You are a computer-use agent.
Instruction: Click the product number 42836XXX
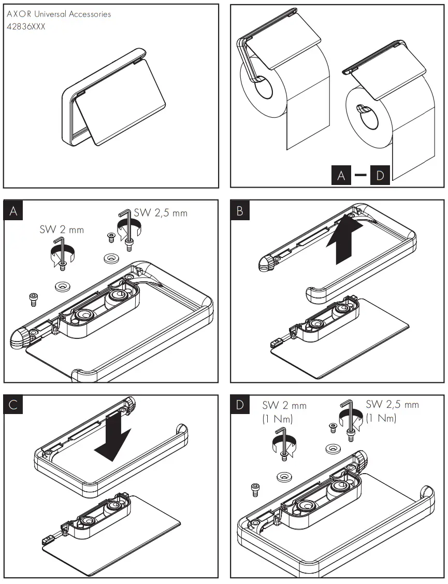[x=26, y=26]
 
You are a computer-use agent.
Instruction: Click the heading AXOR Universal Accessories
[x=59, y=14]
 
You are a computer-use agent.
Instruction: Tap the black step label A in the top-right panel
[x=341, y=175]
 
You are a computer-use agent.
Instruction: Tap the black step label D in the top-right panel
[x=380, y=175]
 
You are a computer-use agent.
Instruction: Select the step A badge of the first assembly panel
[x=14, y=210]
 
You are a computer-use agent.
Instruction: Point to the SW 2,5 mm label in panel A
[x=161, y=212]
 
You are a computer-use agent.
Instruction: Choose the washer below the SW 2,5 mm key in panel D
[x=334, y=447]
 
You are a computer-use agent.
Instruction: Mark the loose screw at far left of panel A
[x=33, y=298]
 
